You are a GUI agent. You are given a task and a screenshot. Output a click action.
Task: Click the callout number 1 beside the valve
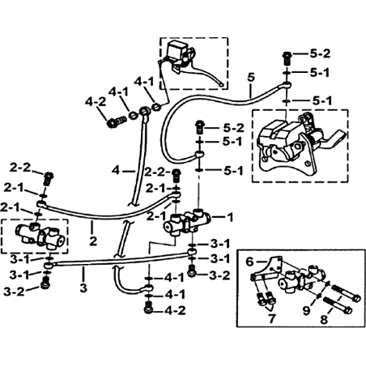(230, 217)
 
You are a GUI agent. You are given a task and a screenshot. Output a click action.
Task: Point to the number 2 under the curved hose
(93, 241)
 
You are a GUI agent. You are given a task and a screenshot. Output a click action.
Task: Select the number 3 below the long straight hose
(83, 287)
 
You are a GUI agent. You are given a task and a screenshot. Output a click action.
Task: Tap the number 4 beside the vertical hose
(116, 171)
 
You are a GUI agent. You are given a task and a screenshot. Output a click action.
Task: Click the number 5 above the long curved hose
(251, 78)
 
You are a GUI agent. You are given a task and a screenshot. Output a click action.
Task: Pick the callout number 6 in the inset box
(250, 262)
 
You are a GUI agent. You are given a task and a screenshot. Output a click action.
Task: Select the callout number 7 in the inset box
(272, 318)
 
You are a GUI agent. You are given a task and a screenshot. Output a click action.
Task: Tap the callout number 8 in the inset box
(324, 320)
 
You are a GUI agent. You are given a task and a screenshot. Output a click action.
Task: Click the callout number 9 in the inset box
(306, 310)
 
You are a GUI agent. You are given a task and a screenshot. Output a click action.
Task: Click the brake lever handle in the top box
(202, 76)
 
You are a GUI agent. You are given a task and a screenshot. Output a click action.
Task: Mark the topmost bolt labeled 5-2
(287, 57)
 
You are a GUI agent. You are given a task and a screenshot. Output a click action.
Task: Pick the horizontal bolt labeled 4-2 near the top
(117, 122)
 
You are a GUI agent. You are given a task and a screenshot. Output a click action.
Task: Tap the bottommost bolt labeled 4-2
(148, 308)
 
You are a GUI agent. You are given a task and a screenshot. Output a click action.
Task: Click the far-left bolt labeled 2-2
(49, 179)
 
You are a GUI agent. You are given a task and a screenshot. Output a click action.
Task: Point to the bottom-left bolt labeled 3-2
(45, 283)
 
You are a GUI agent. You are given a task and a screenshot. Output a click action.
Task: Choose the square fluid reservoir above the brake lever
(176, 51)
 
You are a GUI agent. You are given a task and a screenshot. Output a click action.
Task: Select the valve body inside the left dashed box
(40, 235)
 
